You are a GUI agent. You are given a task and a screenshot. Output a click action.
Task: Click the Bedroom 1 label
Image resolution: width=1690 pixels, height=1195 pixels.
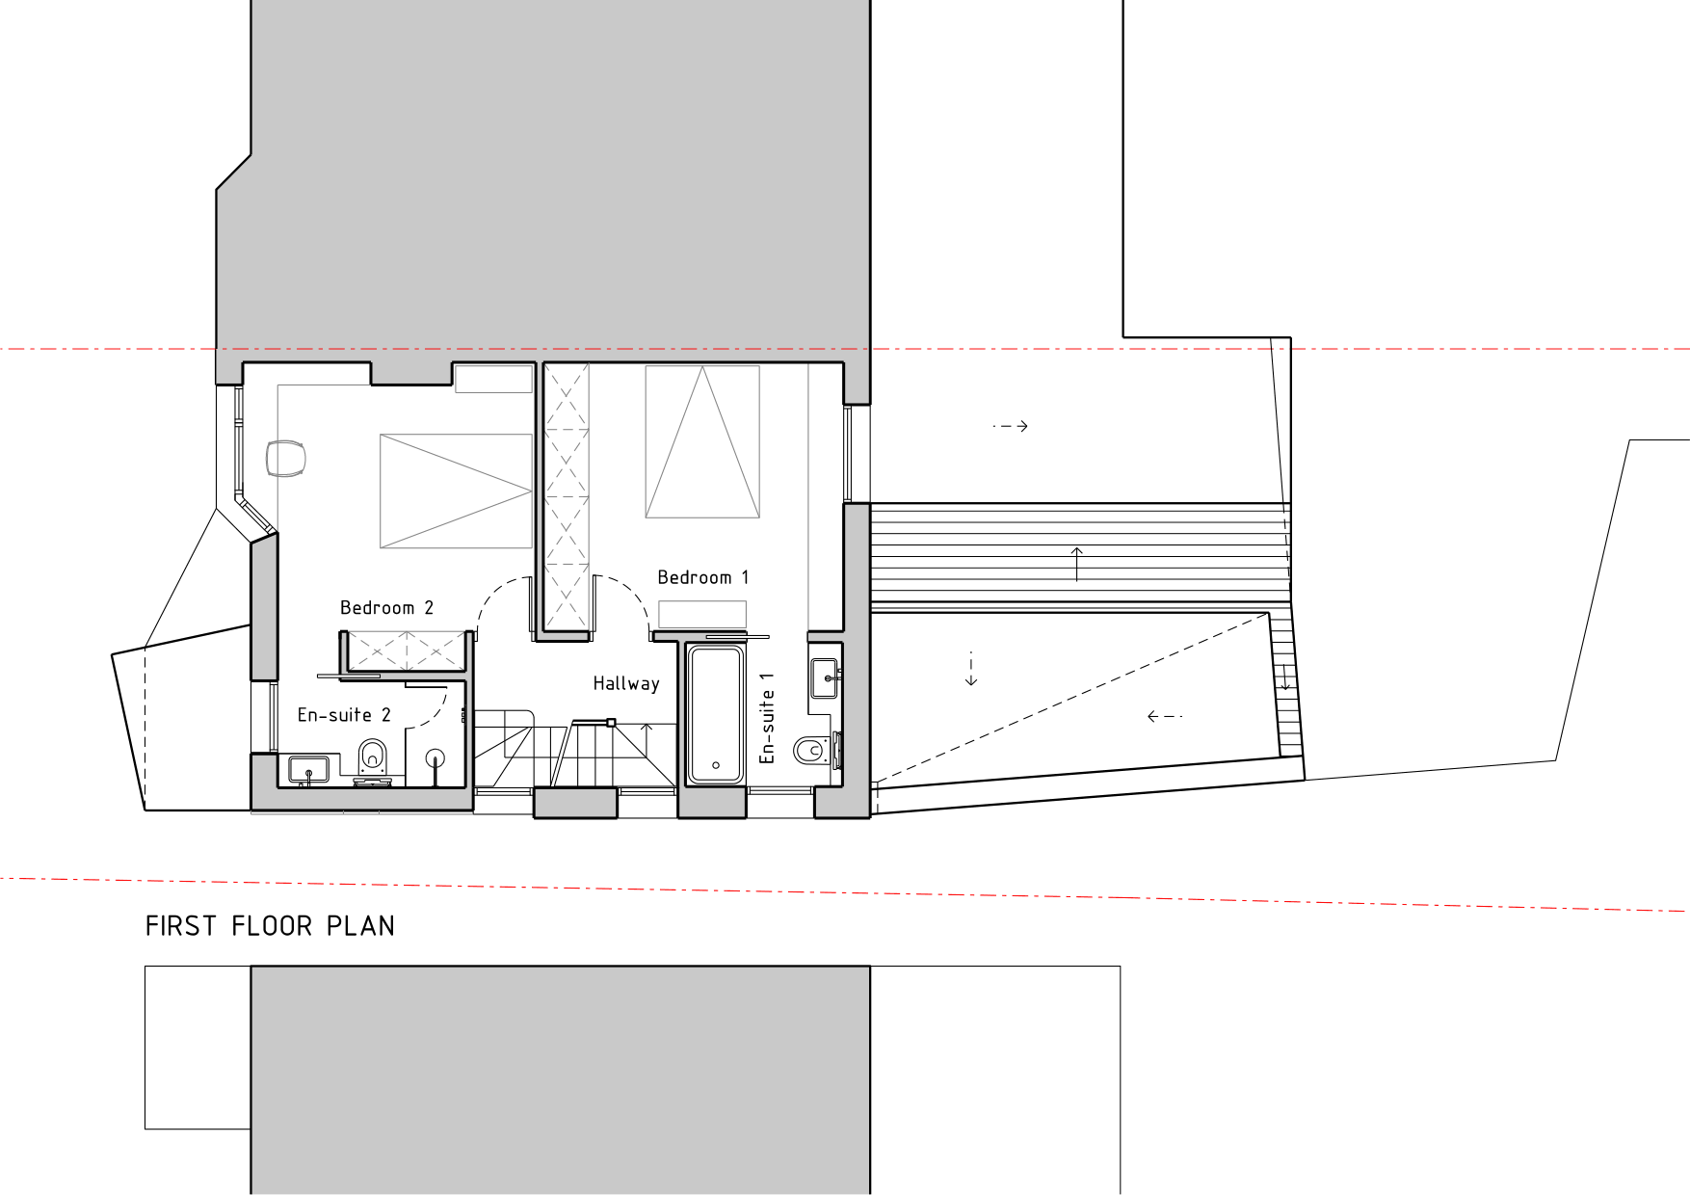point(702,577)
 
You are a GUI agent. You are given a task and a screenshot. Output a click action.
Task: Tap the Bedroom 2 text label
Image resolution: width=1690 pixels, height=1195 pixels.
point(386,608)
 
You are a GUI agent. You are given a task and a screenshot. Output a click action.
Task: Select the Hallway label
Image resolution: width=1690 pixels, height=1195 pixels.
point(626,683)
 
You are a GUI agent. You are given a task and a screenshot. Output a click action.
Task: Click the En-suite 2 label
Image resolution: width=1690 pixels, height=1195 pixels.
point(344,715)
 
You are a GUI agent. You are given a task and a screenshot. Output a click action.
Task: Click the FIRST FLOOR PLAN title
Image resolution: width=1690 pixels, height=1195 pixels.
point(270,926)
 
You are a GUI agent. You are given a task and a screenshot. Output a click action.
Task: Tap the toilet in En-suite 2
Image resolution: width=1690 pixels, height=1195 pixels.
point(373,758)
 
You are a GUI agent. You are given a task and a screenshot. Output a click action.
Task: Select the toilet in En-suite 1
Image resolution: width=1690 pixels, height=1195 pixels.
point(813,750)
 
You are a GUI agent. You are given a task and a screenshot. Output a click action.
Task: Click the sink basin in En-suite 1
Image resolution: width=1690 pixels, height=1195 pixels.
point(826,677)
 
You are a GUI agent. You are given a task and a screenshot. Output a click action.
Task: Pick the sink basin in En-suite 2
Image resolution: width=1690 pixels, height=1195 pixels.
point(308,769)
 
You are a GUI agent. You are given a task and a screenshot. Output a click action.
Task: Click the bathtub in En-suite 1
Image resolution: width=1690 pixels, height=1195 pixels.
point(715,714)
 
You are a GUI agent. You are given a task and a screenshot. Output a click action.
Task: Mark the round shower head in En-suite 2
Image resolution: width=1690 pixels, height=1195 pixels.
point(436,758)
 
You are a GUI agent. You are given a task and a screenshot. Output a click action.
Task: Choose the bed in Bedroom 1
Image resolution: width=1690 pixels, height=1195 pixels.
point(702,442)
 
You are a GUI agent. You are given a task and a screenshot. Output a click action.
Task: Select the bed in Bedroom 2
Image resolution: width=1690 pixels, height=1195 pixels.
point(456,491)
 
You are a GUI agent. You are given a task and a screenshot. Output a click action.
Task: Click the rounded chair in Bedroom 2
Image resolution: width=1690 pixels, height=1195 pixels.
point(285,458)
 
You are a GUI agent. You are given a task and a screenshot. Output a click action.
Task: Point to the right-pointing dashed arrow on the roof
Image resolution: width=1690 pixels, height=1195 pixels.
point(1011,425)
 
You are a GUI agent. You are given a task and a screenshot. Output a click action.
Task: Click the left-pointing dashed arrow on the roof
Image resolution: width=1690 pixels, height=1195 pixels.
point(1164,716)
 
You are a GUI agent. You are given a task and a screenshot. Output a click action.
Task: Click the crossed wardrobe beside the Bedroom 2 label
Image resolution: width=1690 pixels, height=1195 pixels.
point(405,651)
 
